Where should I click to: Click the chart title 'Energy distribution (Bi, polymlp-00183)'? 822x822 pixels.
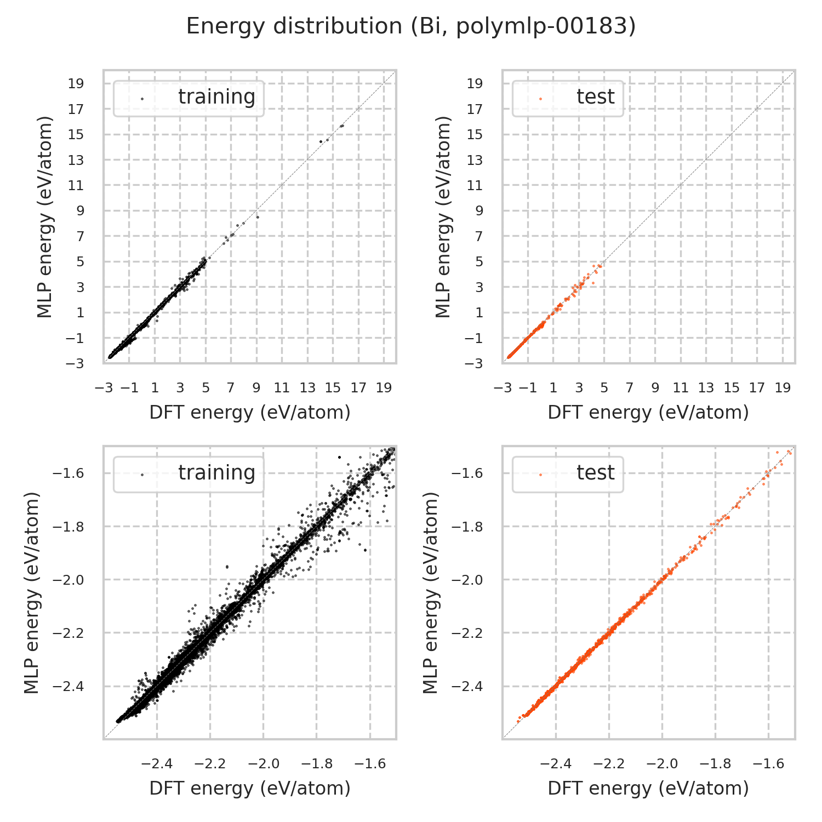tap(411, 26)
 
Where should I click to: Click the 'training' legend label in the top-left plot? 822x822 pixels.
tap(216, 96)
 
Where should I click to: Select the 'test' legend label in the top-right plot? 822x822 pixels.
tap(595, 96)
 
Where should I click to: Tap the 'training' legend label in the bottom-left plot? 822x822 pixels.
tap(216, 472)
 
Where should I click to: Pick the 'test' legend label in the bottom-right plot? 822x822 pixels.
tap(595, 472)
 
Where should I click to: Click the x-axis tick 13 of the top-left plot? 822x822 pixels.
tap(307, 388)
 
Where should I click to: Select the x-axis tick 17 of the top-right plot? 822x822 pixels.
tap(757, 388)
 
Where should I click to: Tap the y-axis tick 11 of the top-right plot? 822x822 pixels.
tap(475, 185)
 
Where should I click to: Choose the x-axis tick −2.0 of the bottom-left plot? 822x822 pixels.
tap(262, 764)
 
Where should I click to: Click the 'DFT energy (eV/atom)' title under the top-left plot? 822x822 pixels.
tap(250, 412)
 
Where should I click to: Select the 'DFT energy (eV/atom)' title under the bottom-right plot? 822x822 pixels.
tap(648, 788)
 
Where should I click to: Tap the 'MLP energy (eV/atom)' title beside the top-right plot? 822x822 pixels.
tap(442, 216)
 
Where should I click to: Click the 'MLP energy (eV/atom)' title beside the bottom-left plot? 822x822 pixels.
tap(32, 592)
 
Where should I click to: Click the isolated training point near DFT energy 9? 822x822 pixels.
tap(258, 217)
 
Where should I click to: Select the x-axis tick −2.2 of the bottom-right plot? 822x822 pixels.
tap(608, 764)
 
